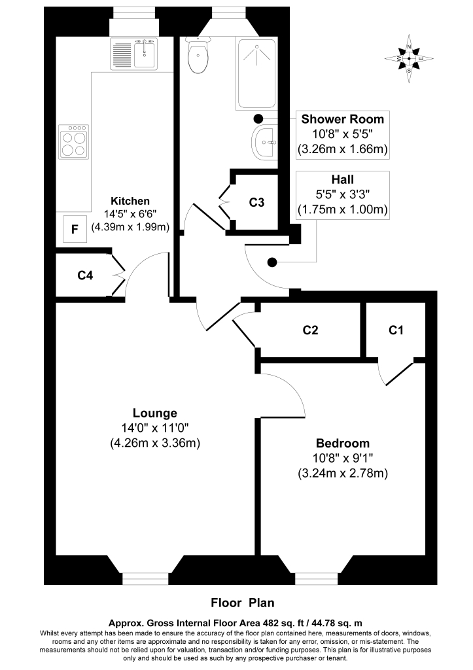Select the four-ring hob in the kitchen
[x=73, y=142]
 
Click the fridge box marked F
[x=75, y=230]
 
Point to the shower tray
[x=256, y=74]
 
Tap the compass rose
[x=409, y=58]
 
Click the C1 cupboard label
[x=396, y=330]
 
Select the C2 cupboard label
[x=310, y=330]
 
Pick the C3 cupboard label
[x=256, y=202]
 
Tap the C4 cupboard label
[x=85, y=275]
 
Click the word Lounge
[x=154, y=414]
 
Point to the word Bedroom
[x=343, y=443]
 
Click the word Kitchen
[x=130, y=201]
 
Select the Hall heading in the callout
[x=343, y=179]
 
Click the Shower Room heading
[x=343, y=119]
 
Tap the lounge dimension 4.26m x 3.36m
[x=154, y=443]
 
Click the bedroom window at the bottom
[x=317, y=578]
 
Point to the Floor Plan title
[x=242, y=603]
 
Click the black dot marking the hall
[x=272, y=262]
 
